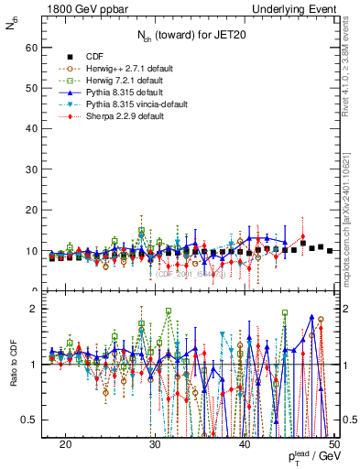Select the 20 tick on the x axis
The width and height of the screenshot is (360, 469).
coord(66,444)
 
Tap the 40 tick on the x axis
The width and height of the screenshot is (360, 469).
coord(245,444)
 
